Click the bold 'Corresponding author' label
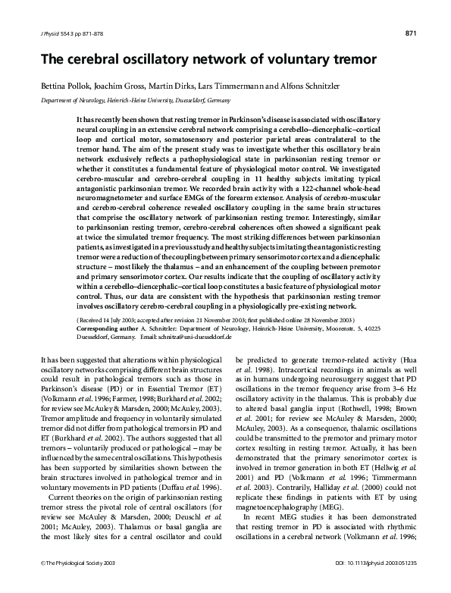tap(106, 331)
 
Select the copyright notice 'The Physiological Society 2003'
tap(74, 585)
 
